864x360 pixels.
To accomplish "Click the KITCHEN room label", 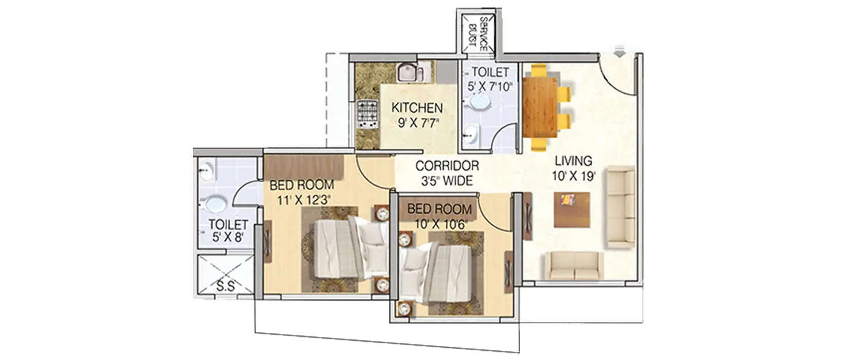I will pyautogui.click(x=417, y=108).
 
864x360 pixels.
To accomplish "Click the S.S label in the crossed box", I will pyautogui.click(x=226, y=285).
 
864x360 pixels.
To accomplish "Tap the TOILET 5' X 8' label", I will pyautogui.click(x=228, y=230).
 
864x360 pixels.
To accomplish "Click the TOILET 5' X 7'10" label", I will pyautogui.click(x=490, y=79).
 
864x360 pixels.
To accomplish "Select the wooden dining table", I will pyautogui.click(x=540, y=107).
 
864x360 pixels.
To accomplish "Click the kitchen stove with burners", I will pyautogui.click(x=367, y=113).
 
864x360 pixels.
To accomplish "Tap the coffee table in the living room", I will pyautogui.click(x=571, y=209).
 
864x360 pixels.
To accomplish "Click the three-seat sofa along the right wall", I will pyautogui.click(x=621, y=207).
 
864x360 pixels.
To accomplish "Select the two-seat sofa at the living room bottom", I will pyautogui.click(x=574, y=266).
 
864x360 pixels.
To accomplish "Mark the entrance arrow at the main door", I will pyautogui.click(x=620, y=54).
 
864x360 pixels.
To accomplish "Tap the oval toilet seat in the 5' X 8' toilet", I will pyautogui.click(x=215, y=204).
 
